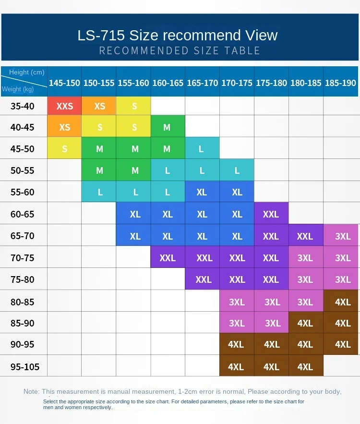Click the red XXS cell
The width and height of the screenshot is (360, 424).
tap(65, 106)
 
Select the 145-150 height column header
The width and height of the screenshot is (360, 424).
tap(64, 83)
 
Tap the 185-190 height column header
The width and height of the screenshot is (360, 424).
tap(340, 83)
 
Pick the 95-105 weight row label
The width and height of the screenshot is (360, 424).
tap(25, 367)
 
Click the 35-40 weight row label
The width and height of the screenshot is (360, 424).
tap(23, 106)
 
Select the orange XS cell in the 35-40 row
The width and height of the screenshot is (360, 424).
tap(99, 106)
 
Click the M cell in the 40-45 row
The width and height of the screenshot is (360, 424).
tap(167, 127)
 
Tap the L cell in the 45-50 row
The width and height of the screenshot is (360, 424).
tap(202, 149)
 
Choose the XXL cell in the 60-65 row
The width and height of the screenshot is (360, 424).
tap(271, 214)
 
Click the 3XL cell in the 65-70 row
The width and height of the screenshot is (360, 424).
tap(343, 236)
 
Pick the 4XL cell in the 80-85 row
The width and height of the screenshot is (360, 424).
tap(343, 302)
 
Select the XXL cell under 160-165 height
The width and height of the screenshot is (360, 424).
tap(168, 258)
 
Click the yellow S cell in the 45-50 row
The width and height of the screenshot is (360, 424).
tap(65, 149)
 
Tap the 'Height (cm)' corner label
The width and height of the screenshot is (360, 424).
tap(27, 73)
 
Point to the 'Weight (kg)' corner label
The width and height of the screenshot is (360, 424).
tap(17, 89)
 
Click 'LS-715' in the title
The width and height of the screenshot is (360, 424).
tap(101, 36)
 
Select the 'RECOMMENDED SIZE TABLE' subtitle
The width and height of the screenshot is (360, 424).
tap(180, 50)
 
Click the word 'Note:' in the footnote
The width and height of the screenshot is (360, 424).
tap(32, 391)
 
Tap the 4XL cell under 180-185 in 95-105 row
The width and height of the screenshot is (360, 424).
tap(305, 367)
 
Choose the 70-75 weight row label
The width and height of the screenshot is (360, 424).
tap(23, 258)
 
